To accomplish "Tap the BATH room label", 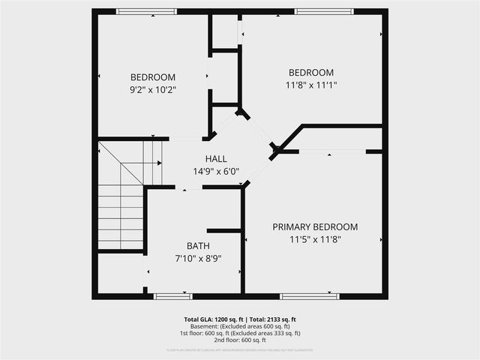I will click(198, 246).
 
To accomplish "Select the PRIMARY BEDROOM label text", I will click(315, 226).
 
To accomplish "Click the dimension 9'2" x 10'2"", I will click(153, 89).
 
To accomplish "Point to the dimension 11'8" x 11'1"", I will click(311, 85).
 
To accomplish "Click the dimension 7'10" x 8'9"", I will click(198, 259).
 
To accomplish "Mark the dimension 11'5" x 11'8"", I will click(315, 239).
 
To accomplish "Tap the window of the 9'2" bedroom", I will click(146, 11).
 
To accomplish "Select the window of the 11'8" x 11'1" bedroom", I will click(323, 11).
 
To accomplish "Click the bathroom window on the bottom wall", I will click(172, 296).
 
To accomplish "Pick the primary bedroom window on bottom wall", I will click(309, 296).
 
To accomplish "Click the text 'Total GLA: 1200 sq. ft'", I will click(212, 319).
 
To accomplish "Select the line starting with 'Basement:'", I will click(240, 326).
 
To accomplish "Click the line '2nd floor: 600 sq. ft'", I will click(240, 340).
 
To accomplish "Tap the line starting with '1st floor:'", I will click(240, 333).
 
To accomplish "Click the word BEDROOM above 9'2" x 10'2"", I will click(153, 77).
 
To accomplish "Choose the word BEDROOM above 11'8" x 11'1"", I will click(311, 73).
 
